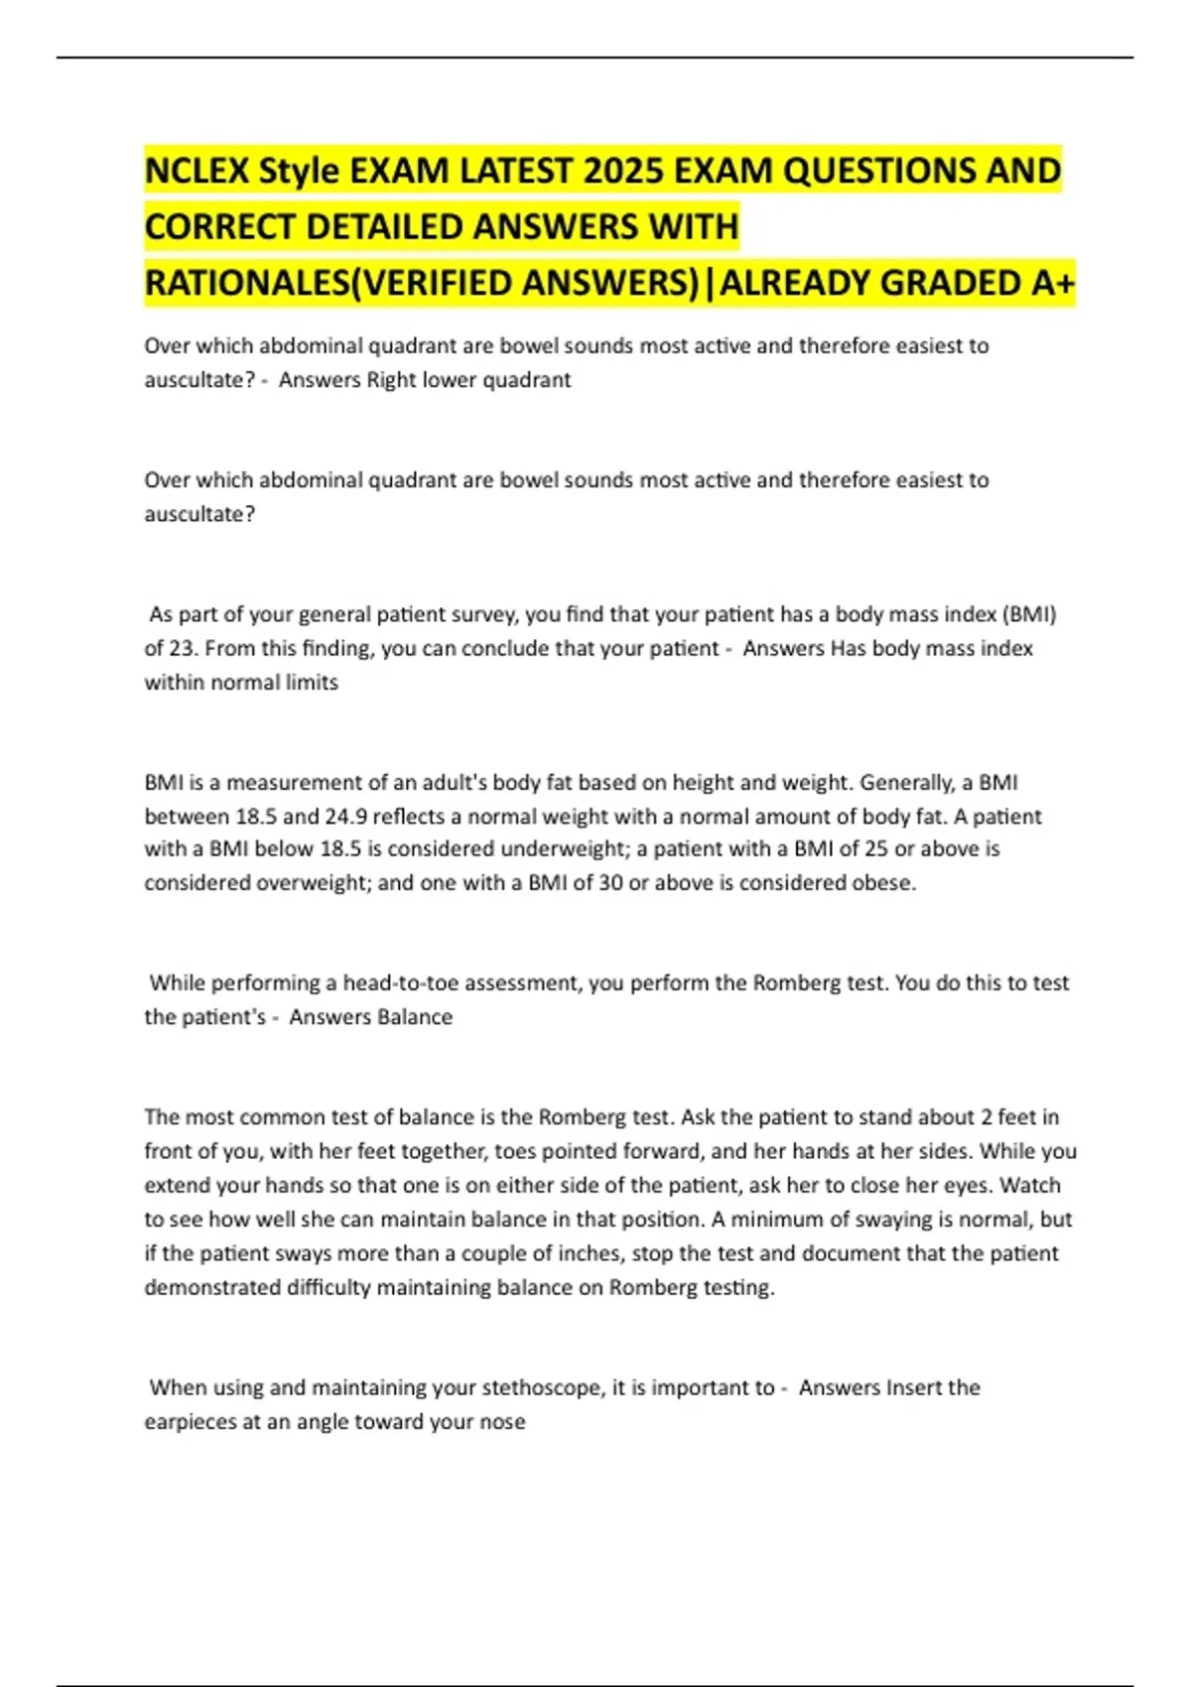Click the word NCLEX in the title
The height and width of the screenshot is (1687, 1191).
pyautogui.click(x=197, y=172)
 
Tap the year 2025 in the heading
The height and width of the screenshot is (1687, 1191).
pyautogui.click(x=622, y=172)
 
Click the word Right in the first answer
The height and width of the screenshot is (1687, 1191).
pyautogui.click(x=389, y=380)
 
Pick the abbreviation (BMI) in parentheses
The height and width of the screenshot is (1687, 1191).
pyautogui.click(x=1028, y=614)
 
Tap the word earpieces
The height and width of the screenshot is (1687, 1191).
pyautogui.click(x=191, y=1421)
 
